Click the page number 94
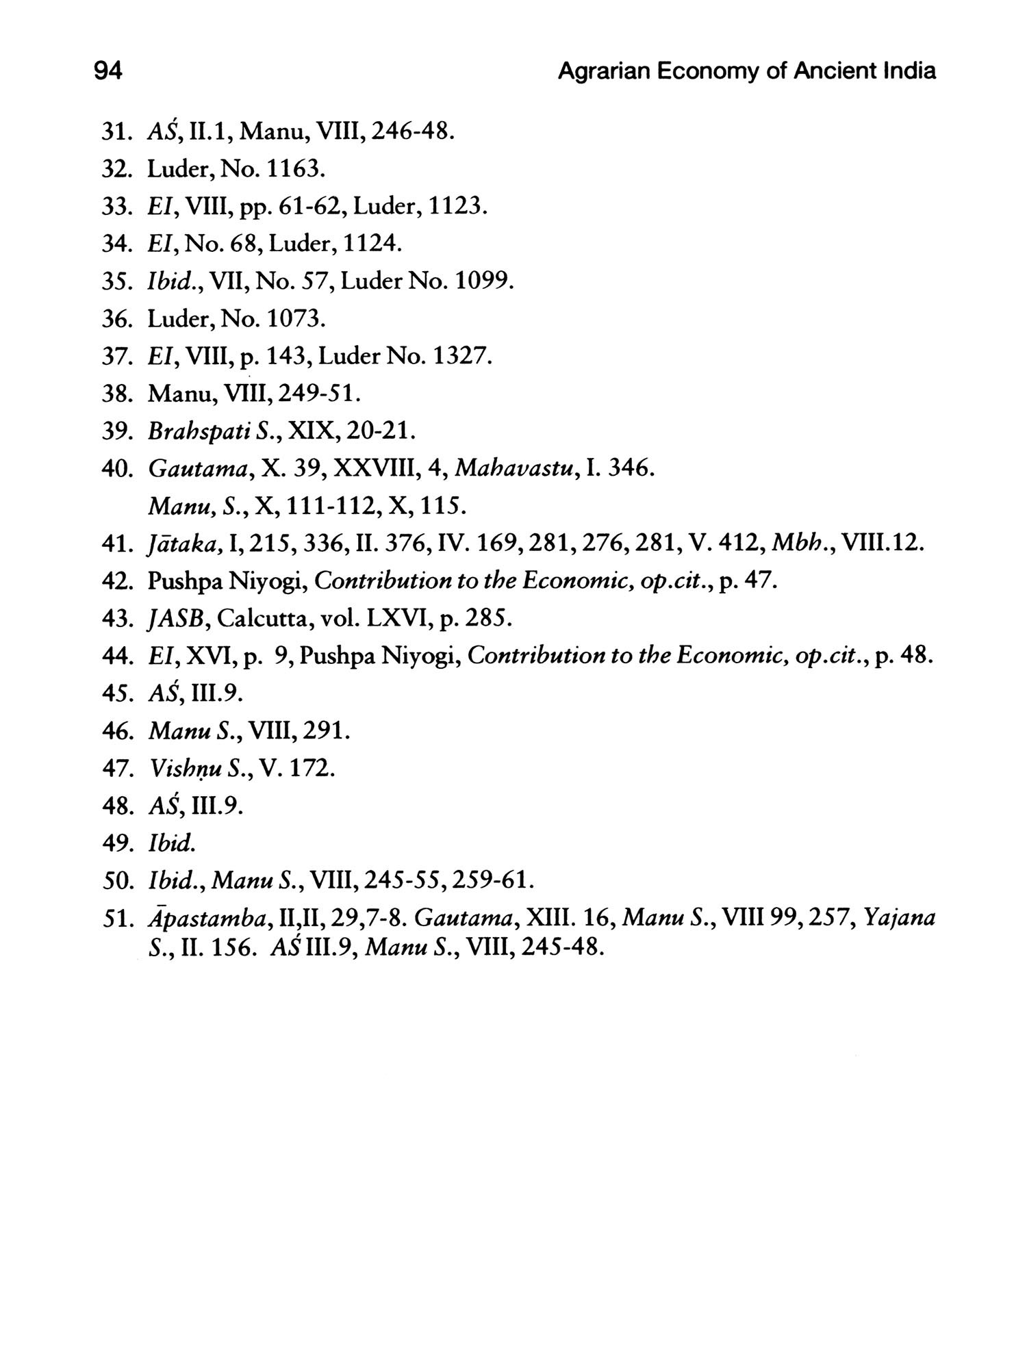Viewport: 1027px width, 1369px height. [x=108, y=71]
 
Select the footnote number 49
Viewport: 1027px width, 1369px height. [x=115, y=843]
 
